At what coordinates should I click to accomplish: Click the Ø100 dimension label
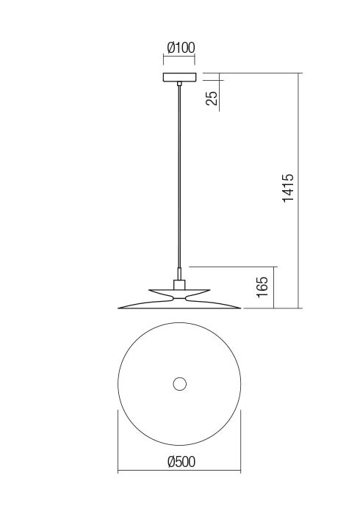181,48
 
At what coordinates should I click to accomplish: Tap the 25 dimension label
212,98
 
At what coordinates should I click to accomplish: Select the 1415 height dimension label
288,188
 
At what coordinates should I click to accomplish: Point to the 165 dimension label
263,287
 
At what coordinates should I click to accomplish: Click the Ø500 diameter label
181,462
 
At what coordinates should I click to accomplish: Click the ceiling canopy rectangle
179,77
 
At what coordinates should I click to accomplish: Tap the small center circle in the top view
179,383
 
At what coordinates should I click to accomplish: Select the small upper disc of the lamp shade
179,292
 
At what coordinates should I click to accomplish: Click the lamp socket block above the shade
179,285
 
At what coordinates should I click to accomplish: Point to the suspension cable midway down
179,177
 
